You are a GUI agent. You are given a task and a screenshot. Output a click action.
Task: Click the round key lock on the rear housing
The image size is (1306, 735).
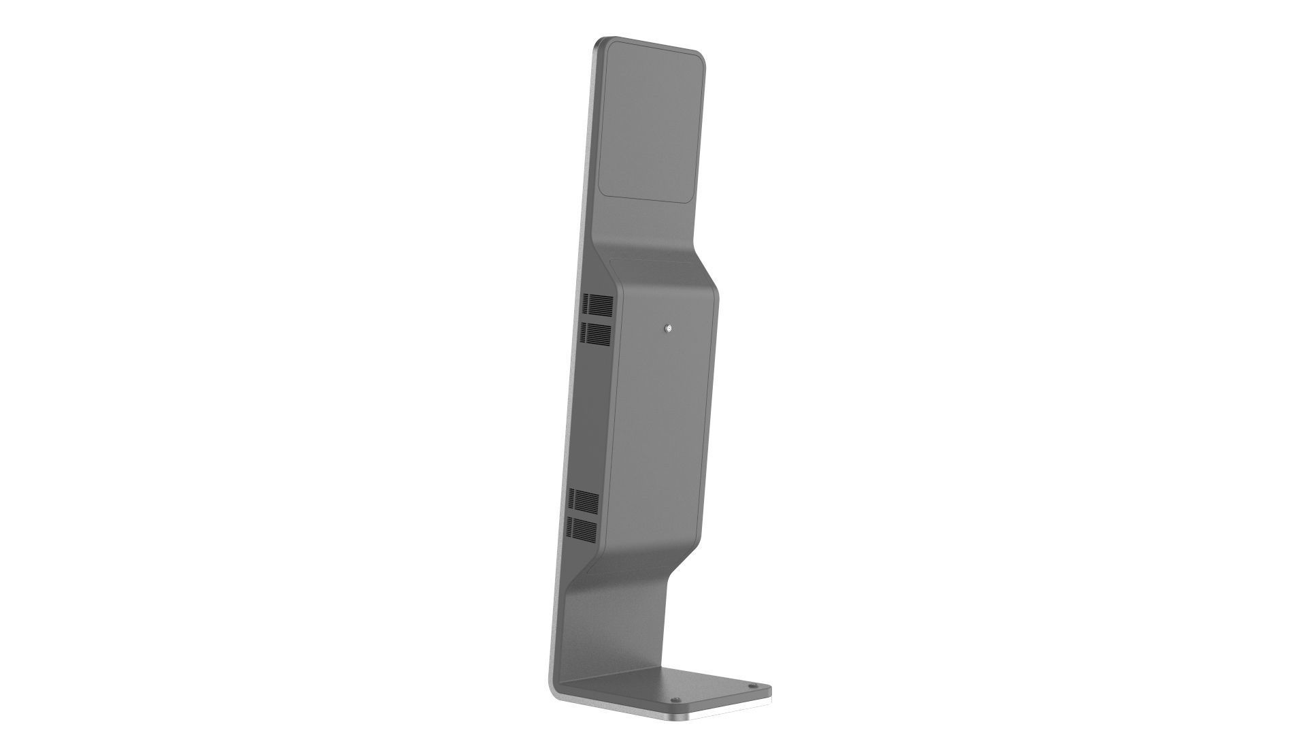point(670,329)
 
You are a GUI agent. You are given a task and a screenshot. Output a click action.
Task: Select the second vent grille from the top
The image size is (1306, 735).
point(595,333)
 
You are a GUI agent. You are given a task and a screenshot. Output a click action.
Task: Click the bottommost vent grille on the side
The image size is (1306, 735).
point(582,528)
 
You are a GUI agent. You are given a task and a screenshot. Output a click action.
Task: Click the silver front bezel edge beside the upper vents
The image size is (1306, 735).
point(576,320)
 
